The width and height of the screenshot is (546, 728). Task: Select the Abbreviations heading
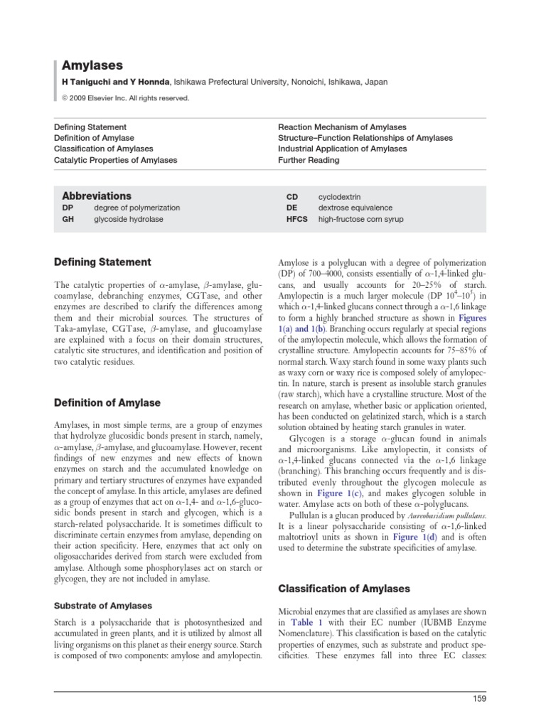(97, 196)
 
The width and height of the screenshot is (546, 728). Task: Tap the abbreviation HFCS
(296, 220)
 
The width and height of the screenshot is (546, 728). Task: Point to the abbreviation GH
(68, 220)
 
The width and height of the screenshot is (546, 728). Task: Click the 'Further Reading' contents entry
(309, 160)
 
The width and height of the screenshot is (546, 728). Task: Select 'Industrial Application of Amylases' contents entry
(342, 149)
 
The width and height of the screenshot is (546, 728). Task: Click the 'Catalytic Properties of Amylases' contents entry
(116, 160)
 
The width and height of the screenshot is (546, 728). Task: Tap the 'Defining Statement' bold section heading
(102, 262)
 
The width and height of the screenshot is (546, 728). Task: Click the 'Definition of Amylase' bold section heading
(108, 403)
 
